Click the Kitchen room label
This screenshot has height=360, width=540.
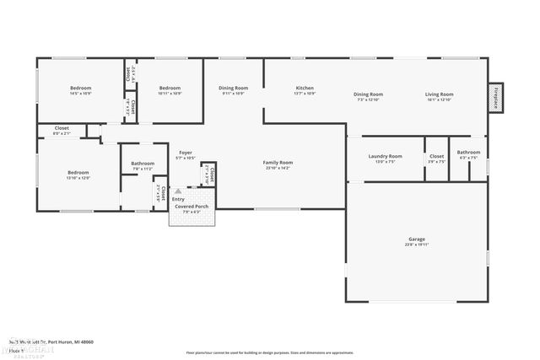pos(305,89)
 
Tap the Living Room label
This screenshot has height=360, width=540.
pos(439,94)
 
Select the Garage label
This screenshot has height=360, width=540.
pos(416,239)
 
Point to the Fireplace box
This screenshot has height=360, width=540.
pos(496,97)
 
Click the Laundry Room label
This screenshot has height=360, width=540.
pos(385,156)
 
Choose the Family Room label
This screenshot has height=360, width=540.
pos(277,162)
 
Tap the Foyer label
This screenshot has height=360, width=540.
pos(185,153)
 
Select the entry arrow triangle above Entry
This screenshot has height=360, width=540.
pos(177,191)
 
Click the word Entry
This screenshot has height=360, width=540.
pos(178,199)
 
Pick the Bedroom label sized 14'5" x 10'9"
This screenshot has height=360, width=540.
pos(81,89)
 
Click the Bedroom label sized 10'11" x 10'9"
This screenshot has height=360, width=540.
pos(170,89)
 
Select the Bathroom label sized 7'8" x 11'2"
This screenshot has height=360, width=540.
pos(143,164)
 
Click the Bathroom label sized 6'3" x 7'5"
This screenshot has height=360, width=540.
pos(468,153)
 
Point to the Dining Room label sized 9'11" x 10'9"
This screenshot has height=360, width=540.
pos(233,89)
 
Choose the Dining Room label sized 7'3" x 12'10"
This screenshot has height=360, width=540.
pos(368,94)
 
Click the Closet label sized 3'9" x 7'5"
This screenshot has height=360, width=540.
pos(436,156)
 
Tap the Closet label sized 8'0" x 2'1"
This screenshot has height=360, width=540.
pos(62,129)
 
